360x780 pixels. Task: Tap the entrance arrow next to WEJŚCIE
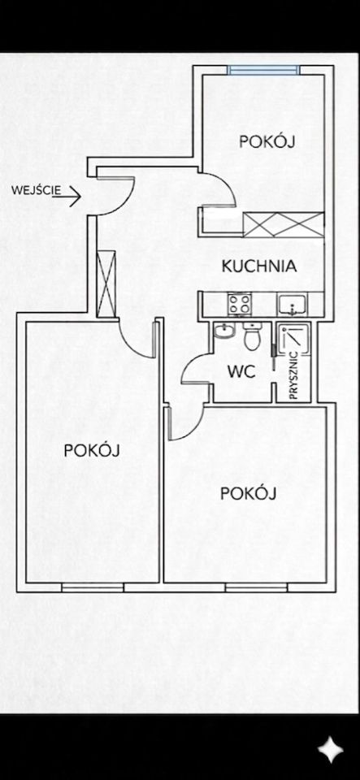tap(67, 197)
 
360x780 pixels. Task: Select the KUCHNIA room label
tap(259, 266)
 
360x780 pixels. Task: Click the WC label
tap(241, 371)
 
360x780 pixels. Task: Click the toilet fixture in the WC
tap(252, 336)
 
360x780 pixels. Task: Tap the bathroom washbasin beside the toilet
tap(225, 331)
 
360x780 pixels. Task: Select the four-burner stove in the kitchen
tap(239, 303)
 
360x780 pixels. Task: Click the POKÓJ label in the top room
tap(267, 141)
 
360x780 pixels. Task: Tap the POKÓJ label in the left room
tap(92, 451)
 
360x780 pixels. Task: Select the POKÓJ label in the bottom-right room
tap(248, 494)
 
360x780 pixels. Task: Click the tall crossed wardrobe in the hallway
tap(106, 284)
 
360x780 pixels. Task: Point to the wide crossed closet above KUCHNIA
tap(284, 224)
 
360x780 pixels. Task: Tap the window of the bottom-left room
tap(93, 587)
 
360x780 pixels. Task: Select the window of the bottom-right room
tap(256, 587)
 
